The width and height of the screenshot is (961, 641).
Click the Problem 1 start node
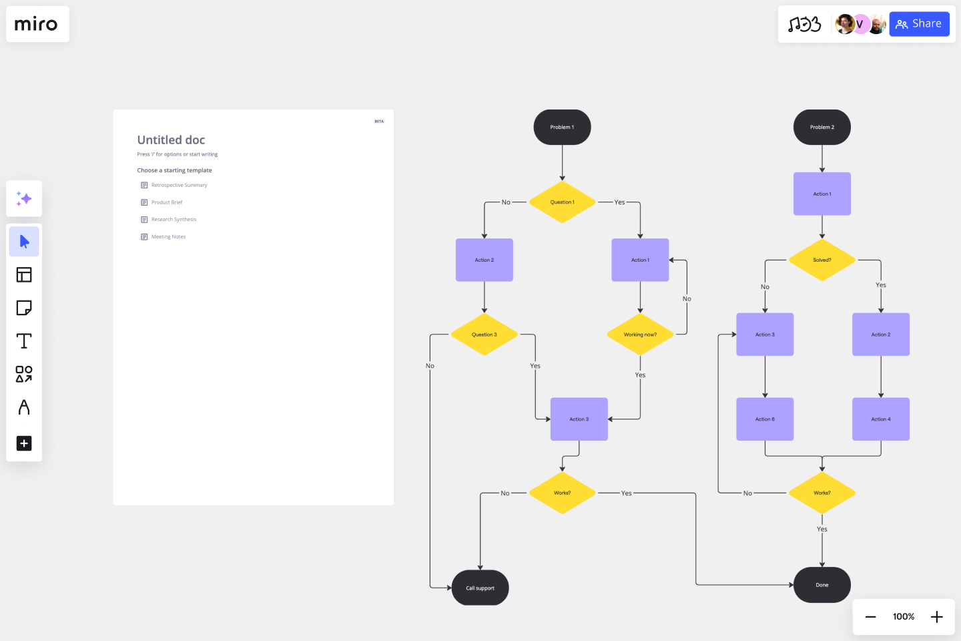pyautogui.click(x=562, y=127)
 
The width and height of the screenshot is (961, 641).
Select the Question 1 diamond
pyautogui.click(x=562, y=202)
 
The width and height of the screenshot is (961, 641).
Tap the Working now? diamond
pyautogui.click(x=640, y=335)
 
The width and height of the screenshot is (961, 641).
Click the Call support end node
pyautogui.click(x=480, y=588)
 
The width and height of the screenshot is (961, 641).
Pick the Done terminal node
pyautogui.click(x=822, y=585)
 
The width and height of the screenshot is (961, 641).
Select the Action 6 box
pyautogui.click(x=765, y=419)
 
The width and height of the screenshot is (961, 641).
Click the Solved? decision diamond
pyautogui.click(x=822, y=260)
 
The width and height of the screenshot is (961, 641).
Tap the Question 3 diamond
pyautogui.click(x=484, y=335)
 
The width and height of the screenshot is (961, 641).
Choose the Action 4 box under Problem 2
pyautogui.click(x=880, y=419)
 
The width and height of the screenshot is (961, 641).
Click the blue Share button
pyautogui.click(x=918, y=24)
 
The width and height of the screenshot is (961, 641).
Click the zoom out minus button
pyautogui.click(x=870, y=617)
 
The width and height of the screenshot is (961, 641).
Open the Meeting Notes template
pyautogui.click(x=168, y=236)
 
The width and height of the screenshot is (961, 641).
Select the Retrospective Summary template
pyautogui.click(x=179, y=185)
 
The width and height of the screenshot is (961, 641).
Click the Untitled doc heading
pyautogui.click(x=171, y=140)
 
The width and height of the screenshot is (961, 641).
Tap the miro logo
pyautogui.click(x=37, y=25)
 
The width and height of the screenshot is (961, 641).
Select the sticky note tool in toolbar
pyautogui.click(x=24, y=308)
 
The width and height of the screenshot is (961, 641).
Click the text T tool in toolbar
pyautogui.click(x=24, y=341)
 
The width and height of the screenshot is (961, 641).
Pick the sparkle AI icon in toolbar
pyautogui.click(x=24, y=198)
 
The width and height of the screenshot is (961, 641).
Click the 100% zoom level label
pyautogui.click(x=903, y=617)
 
